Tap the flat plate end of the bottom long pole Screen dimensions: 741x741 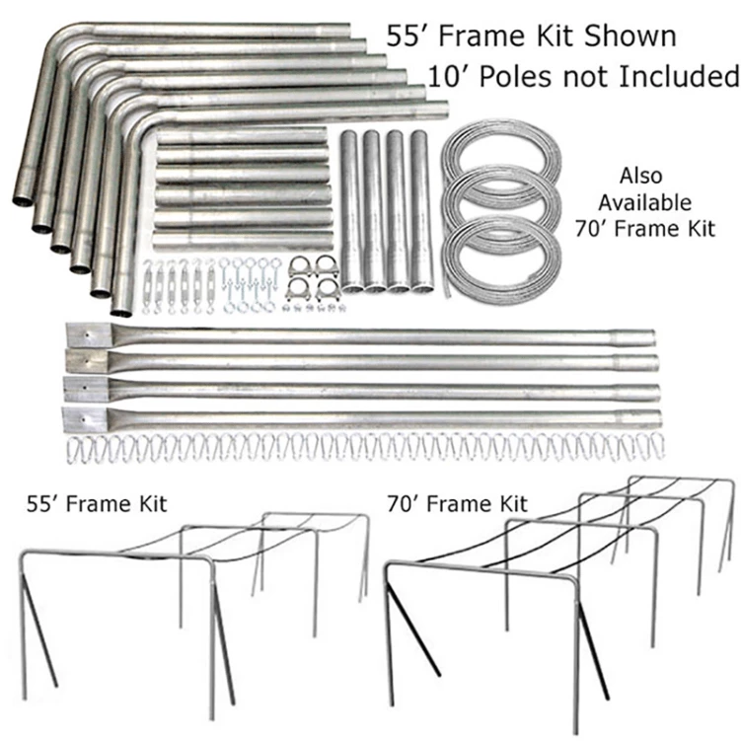coord(80,416)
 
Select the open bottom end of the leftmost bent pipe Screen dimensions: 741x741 coord(21,201)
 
